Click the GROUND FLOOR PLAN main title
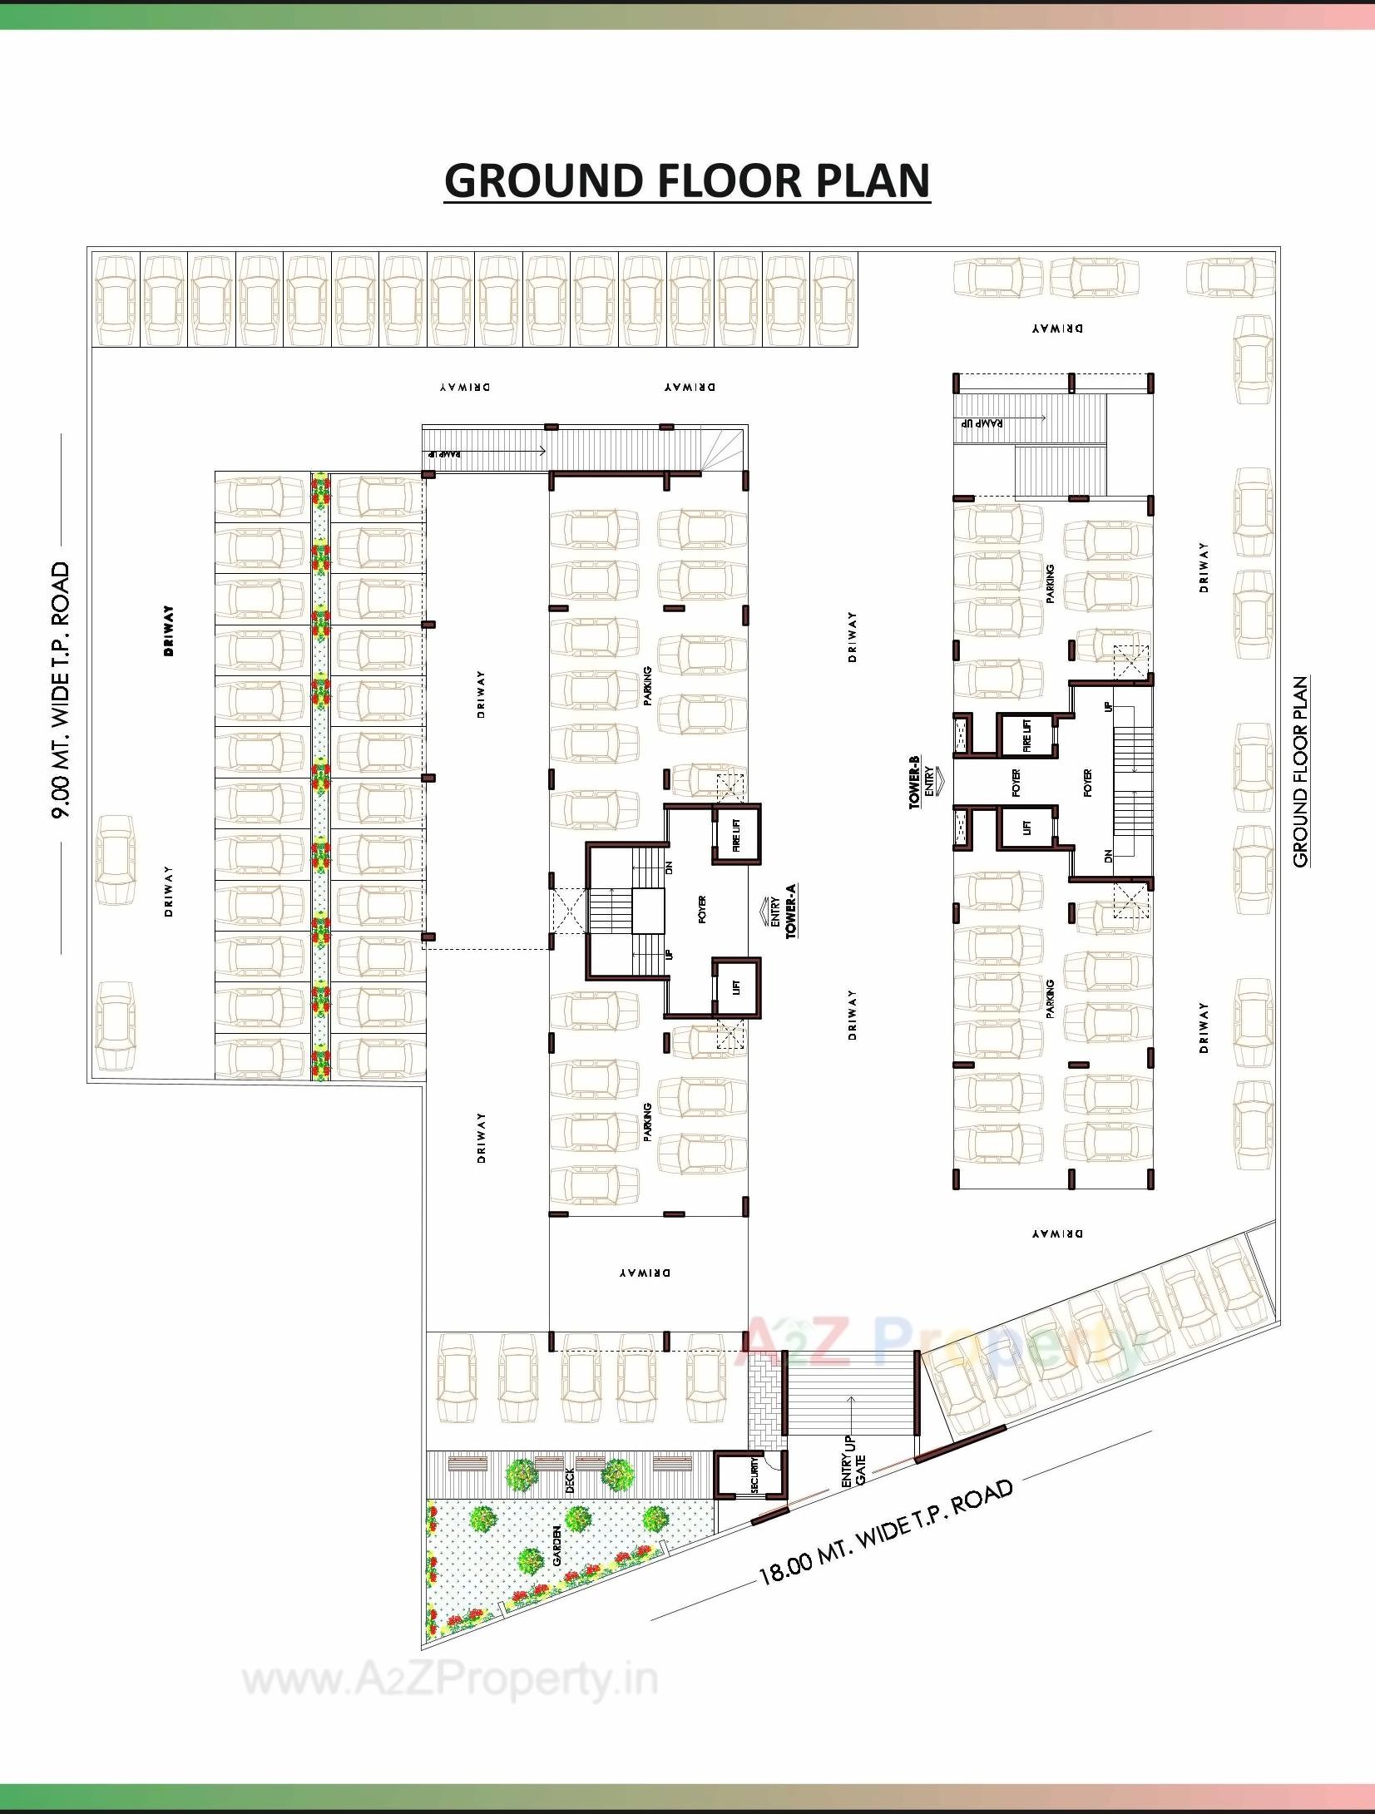(x=687, y=180)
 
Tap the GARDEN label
(x=556, y=1545)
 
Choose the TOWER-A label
(x=790, y=912)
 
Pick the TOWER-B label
(x=914, y=782)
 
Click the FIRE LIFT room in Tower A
(x=736, y=833)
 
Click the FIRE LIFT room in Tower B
(x=1026, y=735)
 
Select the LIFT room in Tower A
(x=736, y=987)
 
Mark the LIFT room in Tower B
(x=1026, y=827)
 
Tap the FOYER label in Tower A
(x=702, y=910)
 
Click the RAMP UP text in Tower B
(x=983, y=423)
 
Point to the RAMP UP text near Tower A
(x=445, y=455)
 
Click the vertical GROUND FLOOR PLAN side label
(x=1300, y=772)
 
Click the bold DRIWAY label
(x=170, y=631)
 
